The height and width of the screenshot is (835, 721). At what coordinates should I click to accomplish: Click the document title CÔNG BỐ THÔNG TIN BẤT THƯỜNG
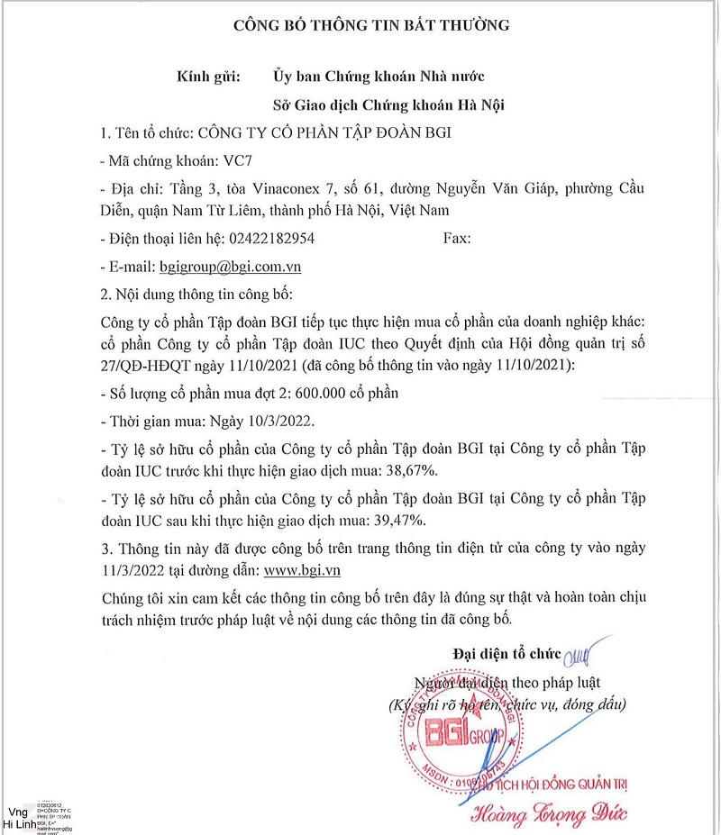[x=371, y=25]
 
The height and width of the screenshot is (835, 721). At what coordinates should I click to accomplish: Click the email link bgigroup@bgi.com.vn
[x=230, y=267]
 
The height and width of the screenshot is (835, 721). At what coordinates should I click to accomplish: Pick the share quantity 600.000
[x=339, y=394]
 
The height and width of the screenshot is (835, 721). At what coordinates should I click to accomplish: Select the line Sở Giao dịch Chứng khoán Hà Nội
[x=388, y=105]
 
